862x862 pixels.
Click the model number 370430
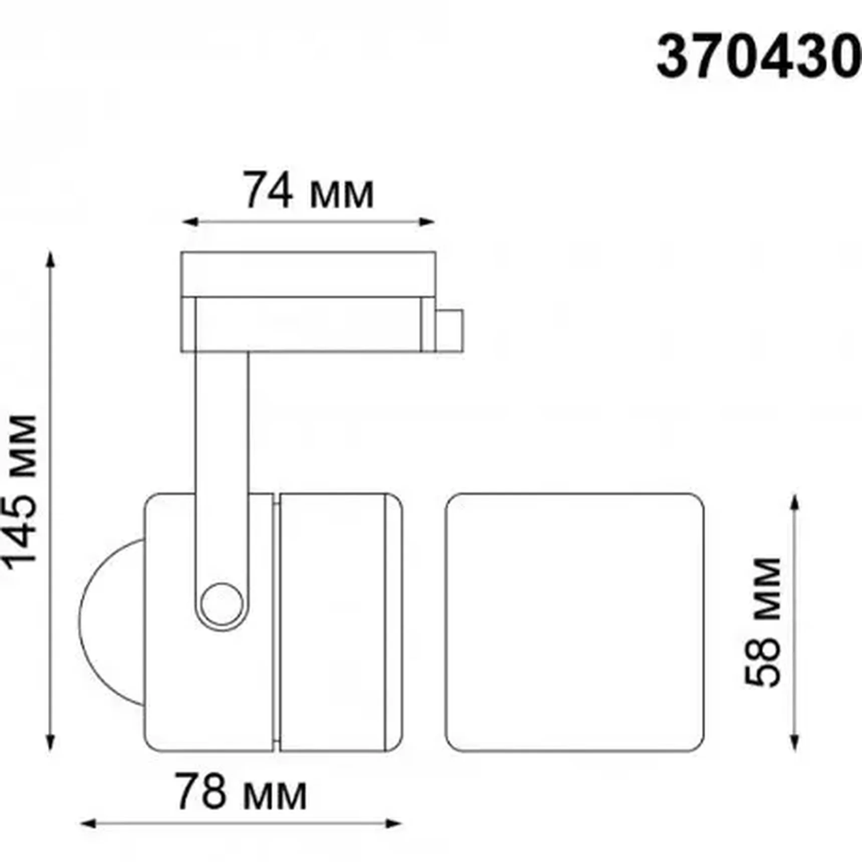758,58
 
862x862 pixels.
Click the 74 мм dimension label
308,191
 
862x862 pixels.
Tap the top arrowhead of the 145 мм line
50,259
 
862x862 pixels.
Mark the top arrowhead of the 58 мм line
794,501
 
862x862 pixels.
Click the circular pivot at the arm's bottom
222,604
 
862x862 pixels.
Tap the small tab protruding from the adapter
449,330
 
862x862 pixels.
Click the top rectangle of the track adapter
308,274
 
